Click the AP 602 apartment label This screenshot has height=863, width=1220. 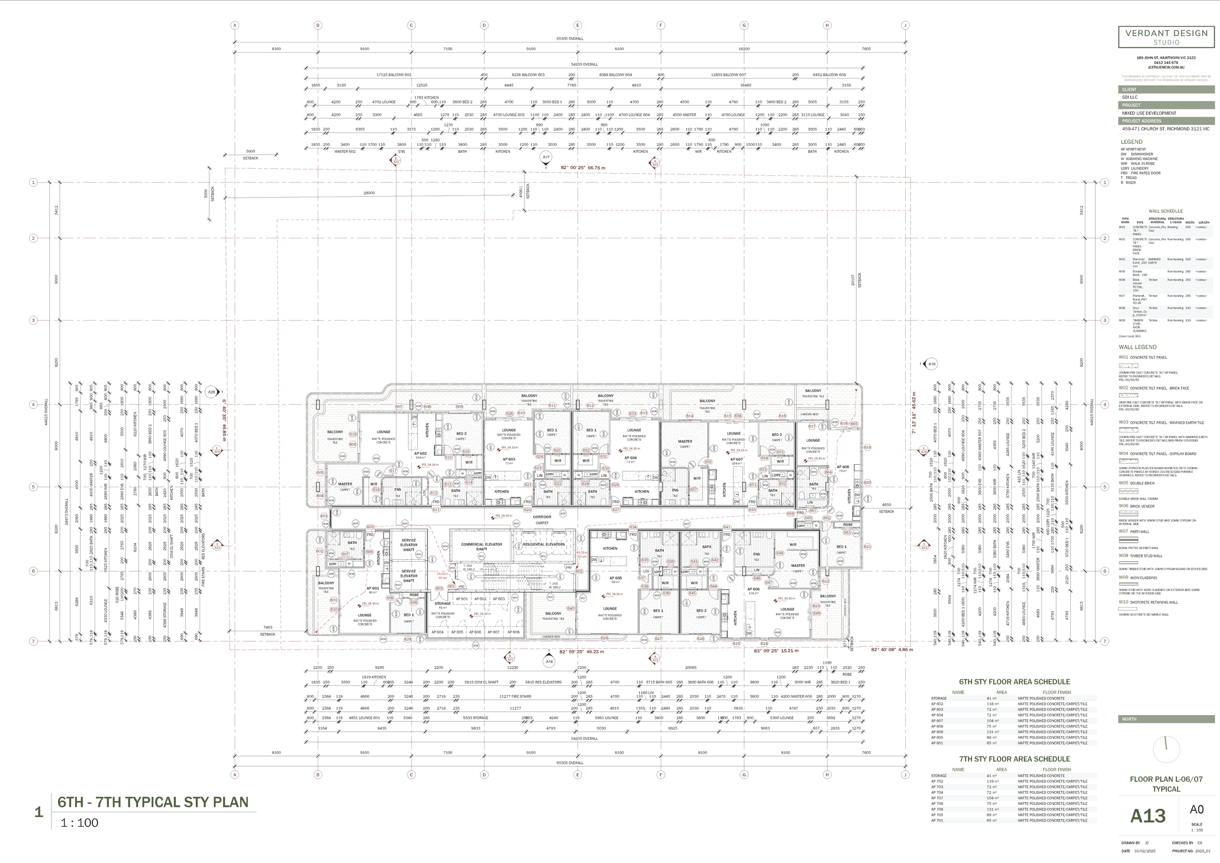[420, 453]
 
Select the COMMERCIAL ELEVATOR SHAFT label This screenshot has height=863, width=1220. [481, 546]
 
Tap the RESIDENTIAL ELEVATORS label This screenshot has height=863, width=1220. [544, 544]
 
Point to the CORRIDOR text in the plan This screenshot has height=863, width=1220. [542, 516]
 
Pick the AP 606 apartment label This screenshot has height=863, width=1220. [753, 589]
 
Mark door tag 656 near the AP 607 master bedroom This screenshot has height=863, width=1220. [708, 462]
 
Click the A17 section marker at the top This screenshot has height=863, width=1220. [546, 157]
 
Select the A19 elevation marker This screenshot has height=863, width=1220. [932, 364]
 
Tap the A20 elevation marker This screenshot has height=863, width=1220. [211, 392]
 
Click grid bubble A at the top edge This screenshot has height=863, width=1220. [235, 25]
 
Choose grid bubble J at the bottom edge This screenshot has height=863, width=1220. [905, 775]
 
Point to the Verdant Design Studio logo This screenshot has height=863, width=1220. [1166, 37]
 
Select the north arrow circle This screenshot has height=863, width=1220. [1166, 749]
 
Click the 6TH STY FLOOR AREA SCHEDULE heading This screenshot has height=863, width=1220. [1014, 682]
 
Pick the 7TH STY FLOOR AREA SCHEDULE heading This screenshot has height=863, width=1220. [1014, 759]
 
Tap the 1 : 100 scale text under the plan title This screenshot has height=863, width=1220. [80, 823]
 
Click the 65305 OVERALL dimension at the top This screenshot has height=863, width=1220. [569, 39]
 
